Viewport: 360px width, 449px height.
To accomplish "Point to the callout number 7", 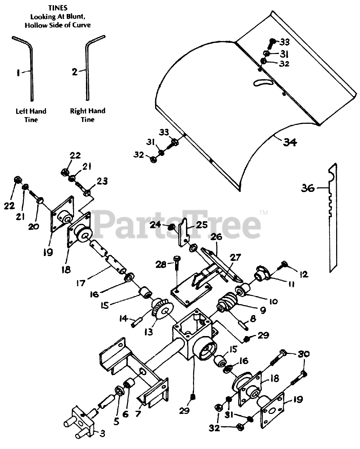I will (138, 413).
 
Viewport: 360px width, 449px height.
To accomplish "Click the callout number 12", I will (304, 274).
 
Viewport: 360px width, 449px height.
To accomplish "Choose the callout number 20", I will (34, 227).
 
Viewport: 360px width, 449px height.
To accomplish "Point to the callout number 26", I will (216, 237).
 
